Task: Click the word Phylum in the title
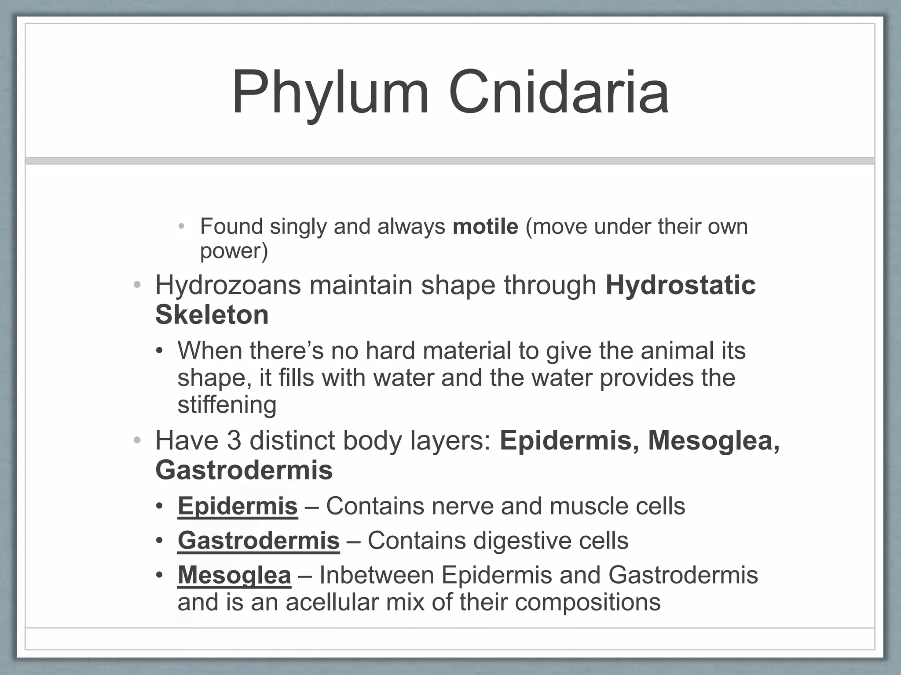tap(330, 93)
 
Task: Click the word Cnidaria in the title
tap(559, 93)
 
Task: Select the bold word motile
tap(485, 227)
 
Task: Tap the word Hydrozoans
tap(228, 285)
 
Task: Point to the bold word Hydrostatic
tap(680, 285)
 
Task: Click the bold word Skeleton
tap(212, 315)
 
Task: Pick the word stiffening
tap(227, 405)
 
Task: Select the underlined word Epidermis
tap(238, 506)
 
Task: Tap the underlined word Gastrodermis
tap(258, 541)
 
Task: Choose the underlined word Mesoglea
tap(234, 575)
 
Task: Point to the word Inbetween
tap(377, 575)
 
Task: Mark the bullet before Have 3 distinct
tap(137, 440)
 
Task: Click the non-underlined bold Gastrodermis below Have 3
tap(244, 470)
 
